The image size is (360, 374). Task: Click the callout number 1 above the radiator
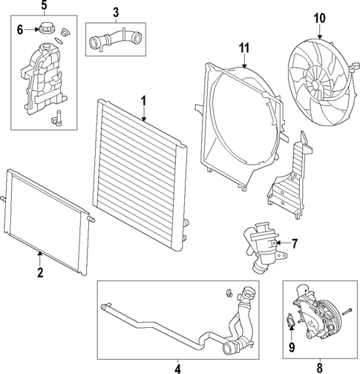pos(143,102)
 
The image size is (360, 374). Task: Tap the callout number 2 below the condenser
pos(40,272)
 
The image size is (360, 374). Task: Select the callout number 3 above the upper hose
pos(116,13)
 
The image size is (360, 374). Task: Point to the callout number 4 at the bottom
pos(177,369)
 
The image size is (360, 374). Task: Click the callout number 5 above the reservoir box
pos(44,5)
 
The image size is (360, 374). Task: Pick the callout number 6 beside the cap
pos(20,30)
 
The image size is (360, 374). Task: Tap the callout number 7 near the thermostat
pos(294,243)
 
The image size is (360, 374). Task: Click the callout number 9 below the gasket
pos(292,347)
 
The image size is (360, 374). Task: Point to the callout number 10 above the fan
pos(319,19)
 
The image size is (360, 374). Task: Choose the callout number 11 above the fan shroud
pos(244,47)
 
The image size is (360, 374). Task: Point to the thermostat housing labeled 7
pos(264,248)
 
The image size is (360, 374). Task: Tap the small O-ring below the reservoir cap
pos(59,40)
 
